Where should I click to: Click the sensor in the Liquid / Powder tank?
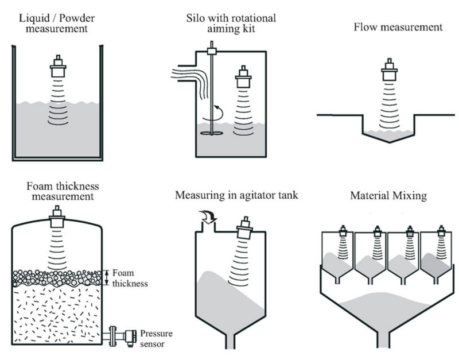coord(57,68)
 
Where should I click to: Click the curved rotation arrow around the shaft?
coord(217,112)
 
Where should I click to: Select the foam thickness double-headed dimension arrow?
coord(107,277)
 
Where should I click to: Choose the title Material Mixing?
coord(388,196)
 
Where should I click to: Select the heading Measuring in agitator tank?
coord(236,196)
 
